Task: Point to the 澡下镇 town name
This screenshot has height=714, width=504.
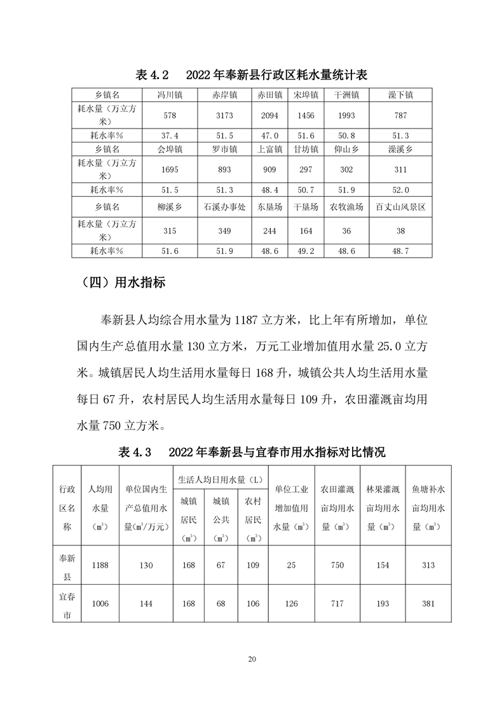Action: coord(400,95)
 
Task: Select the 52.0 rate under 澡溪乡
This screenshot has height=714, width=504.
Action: coord(400,190)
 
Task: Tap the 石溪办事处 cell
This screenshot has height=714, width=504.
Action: coord(225,207)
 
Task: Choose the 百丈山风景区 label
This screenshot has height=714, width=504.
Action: coord(400,207)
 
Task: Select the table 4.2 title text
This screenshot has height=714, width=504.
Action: coord(252,75)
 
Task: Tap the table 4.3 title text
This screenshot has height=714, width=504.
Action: coord(252,452)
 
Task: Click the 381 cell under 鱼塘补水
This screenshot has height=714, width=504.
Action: coord(428,603)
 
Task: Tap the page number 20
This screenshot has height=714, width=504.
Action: coord(252,659)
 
